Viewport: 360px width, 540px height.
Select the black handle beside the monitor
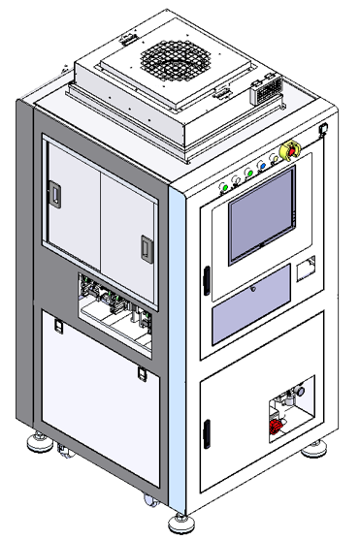(206, 279)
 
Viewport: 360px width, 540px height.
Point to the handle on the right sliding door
(147, 248)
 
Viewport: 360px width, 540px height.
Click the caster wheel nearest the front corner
(151, 500)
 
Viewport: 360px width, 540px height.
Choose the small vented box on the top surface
(264, 93)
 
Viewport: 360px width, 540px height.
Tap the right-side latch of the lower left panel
(142, 373)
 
